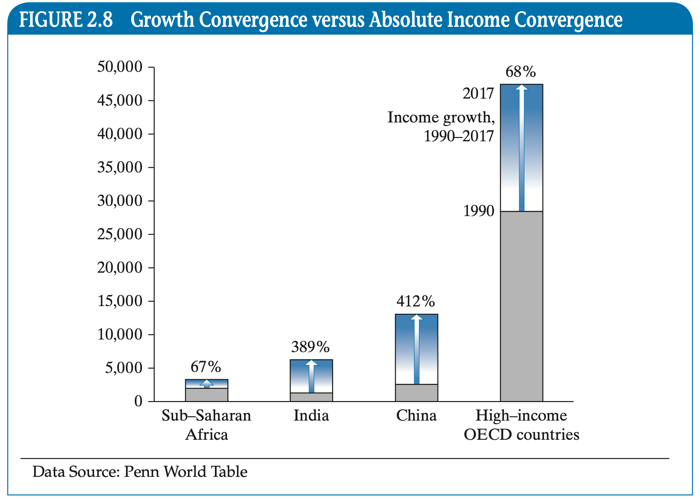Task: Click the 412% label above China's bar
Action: tap(416, 301)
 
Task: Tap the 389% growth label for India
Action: tap(310, 347)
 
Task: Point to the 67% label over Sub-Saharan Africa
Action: tap(206, 367)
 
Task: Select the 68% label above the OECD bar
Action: tap(521, 71)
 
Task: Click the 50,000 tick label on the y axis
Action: tap(120, 67)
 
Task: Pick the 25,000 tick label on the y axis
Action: tap(120, 234)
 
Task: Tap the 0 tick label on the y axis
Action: tap(138, 401)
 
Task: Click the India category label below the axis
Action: tap(311, 416)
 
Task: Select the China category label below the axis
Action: tap(416, 416)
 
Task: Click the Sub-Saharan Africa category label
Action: tap(206, 425)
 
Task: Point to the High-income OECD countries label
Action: tap(521, 425)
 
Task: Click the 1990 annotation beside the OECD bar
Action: tap(478, 211)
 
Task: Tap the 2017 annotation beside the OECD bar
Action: tap(478, 93)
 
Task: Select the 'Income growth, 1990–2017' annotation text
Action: tap(442, 127)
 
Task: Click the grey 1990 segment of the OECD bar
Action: tap(521, 306)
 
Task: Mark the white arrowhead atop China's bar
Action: tap(416, 318)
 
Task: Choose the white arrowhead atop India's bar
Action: tap(311, 363)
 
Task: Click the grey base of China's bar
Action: tap(416, 393)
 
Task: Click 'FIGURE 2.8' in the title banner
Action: tap(66, 20)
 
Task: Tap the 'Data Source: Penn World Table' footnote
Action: tap(140, 472)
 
